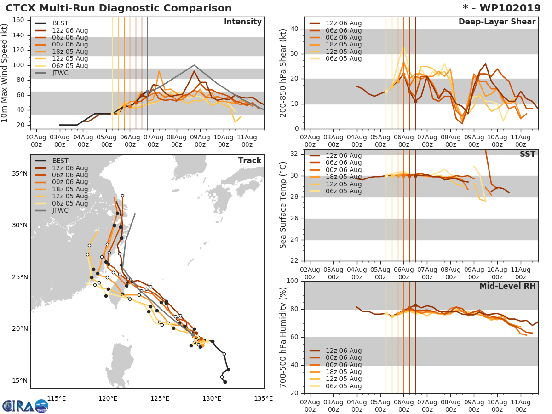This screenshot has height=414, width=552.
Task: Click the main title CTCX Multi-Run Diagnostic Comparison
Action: (119, 8)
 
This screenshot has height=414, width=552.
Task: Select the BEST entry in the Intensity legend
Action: (60, 23)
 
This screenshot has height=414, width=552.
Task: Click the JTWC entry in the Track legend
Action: (60, 210)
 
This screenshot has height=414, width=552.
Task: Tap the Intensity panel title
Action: (242, 22)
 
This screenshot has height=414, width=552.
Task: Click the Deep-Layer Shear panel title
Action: (497, 22)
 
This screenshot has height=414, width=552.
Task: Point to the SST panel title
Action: (527, 154)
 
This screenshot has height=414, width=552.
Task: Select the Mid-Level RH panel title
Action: (507, 286)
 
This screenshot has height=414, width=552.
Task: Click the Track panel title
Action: (249, 161)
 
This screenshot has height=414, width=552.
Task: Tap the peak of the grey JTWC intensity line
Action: (194, 65)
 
